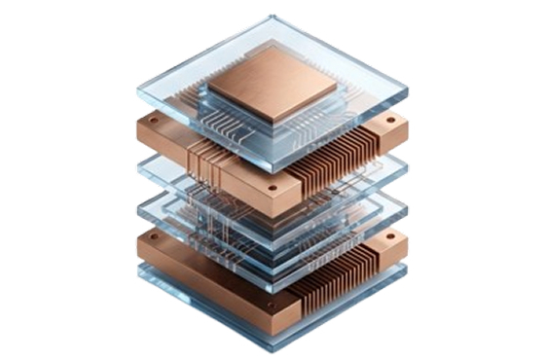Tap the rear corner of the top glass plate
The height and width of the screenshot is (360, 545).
273,17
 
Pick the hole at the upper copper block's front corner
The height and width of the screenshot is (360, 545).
272,188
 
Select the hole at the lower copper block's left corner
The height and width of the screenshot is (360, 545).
147,236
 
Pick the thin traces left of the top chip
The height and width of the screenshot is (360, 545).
215,113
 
